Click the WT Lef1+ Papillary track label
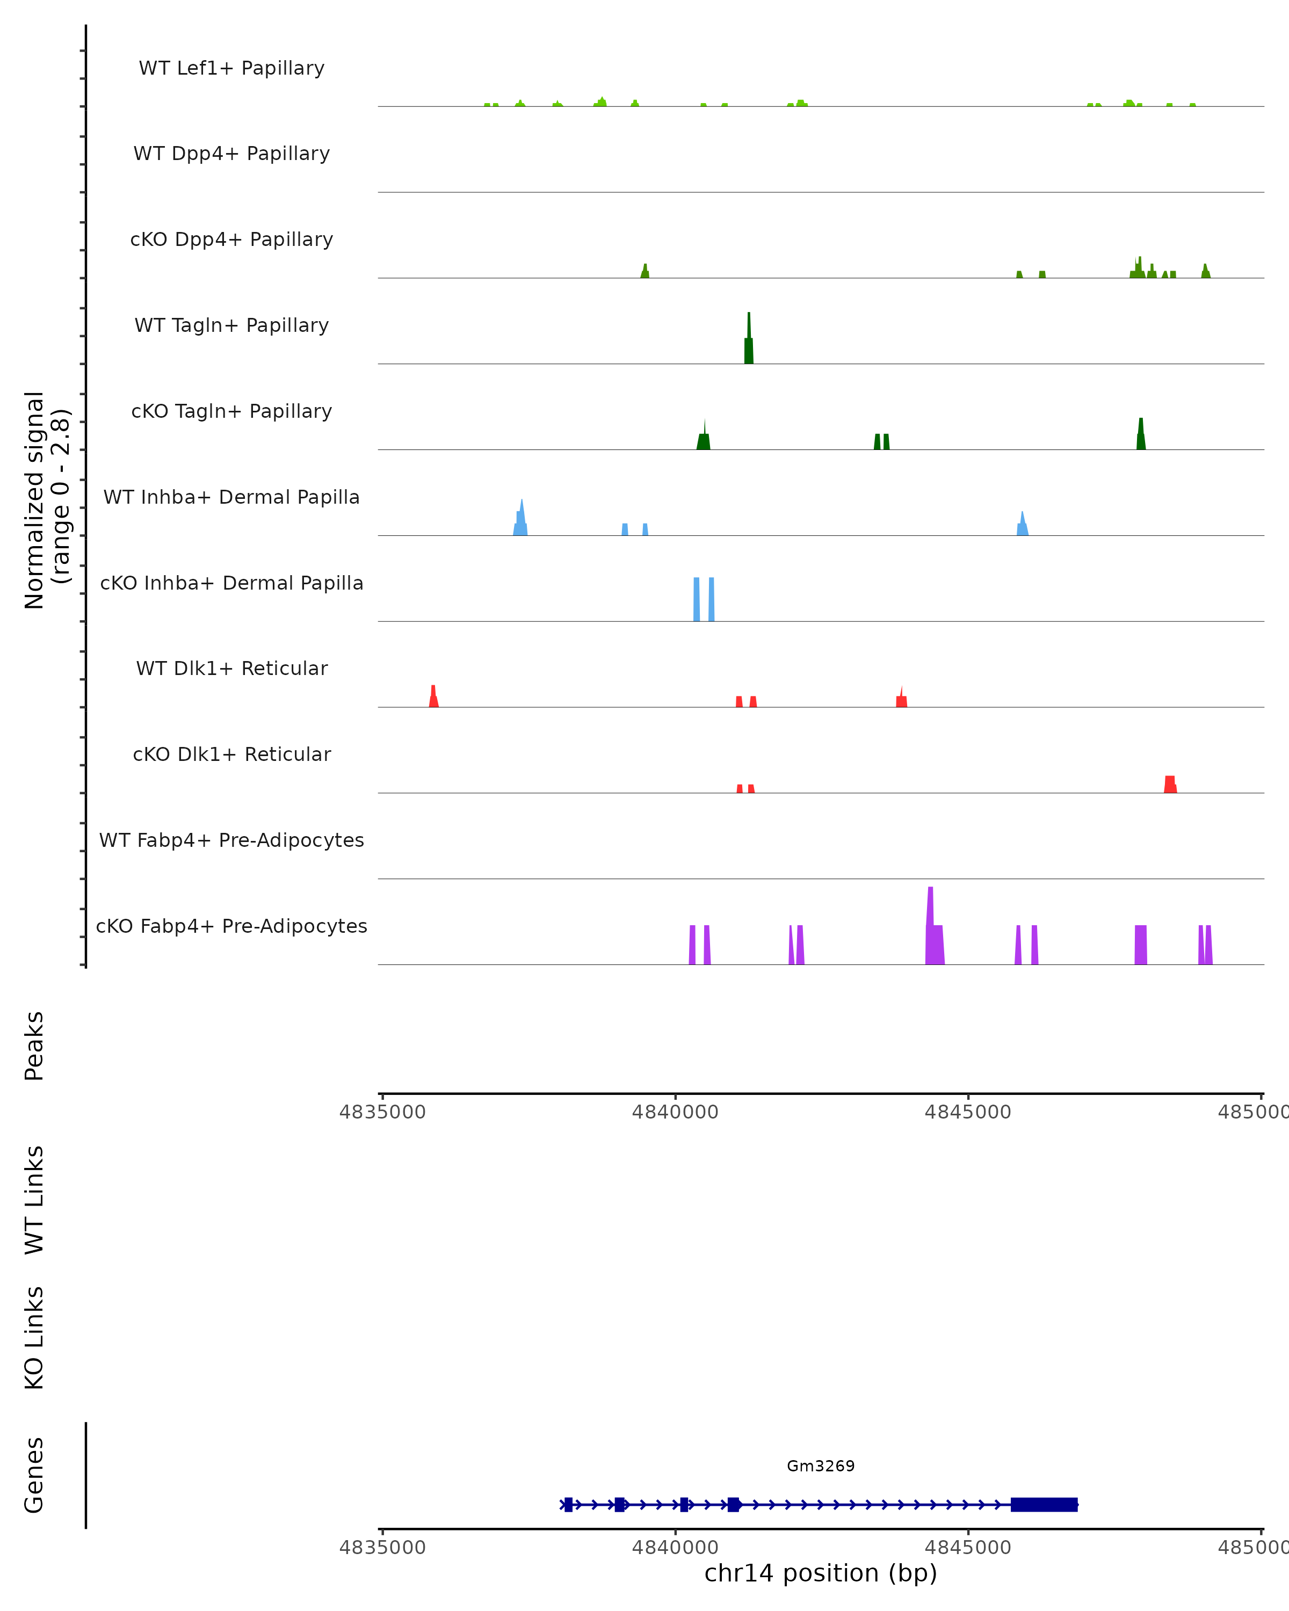(x=231, y=69)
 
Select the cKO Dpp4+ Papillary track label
(x=231, y=240)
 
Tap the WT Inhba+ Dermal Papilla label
(x=231, y=498)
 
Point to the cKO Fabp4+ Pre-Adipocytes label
(x=231, y=926)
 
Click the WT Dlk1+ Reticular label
(x=231, y=669)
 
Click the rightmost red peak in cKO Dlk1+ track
(x=1170, y=785)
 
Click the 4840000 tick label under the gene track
(x=675, y=1548)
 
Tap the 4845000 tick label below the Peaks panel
(x=968, y=1113)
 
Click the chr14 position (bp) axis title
(x=821, y=1573)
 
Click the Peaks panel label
(x=34, y=1046)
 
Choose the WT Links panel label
(x=34, y=1201)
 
